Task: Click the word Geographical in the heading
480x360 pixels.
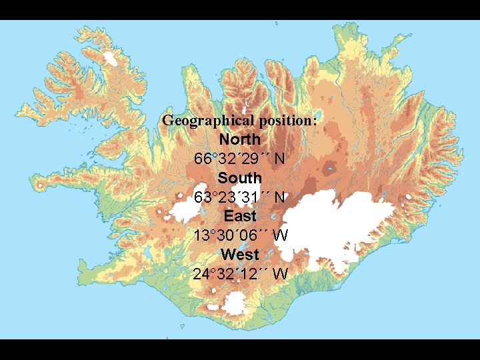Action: click(197, 121)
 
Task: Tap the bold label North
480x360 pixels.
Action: click(240, 140)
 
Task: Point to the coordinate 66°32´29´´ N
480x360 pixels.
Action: click(240, 159)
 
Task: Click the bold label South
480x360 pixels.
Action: click(240, 178)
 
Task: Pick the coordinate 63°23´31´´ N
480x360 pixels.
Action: click(240, 197)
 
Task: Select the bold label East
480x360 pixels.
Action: click(240, 216)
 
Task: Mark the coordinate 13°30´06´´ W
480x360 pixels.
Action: click(240, 235)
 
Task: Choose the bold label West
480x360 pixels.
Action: click(240, 254)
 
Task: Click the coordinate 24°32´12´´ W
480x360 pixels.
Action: click(240, 273)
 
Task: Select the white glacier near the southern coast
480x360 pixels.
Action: click(235, 305)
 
